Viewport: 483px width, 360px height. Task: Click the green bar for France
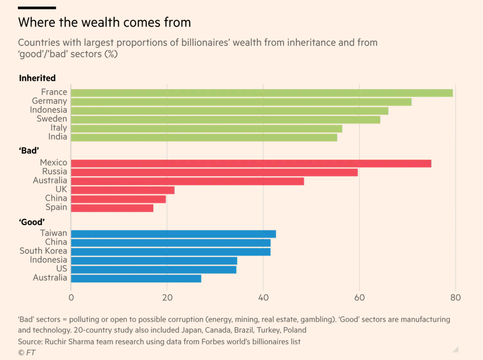pos(261,93)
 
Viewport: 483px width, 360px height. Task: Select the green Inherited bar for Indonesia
pos(229,111)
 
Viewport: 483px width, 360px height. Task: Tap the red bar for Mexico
pos(251,163)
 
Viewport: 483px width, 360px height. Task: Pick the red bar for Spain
pos(112,207)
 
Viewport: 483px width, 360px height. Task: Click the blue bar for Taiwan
pos(173,234)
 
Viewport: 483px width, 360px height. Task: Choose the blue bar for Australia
pos(136,278)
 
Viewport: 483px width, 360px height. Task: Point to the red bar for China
pos(118,199)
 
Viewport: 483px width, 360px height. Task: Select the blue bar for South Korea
pos(170,251)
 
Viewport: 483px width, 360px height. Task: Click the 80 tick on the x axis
pos(455,298)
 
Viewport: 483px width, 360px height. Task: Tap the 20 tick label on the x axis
pos(167,298)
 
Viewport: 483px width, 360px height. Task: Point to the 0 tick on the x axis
pos(71,298)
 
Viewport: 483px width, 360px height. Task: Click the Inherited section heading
pos(37,78)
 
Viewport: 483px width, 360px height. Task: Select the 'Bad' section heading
pos(29,151)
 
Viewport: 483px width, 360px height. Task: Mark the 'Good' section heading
pos(32,222)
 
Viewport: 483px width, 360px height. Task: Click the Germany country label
pos(49,101)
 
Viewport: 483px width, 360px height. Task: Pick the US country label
pos(61,269)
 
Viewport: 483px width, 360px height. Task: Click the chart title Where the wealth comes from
pos(105,22)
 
